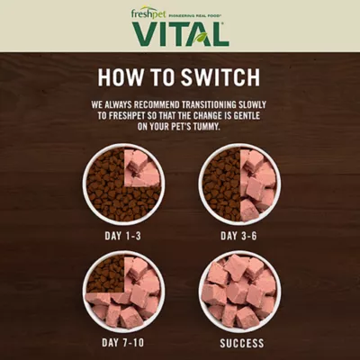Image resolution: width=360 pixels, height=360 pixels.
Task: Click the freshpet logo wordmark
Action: point(148,14)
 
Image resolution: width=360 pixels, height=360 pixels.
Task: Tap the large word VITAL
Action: point(180,34)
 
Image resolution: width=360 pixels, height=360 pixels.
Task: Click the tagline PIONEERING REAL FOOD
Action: point(195,15)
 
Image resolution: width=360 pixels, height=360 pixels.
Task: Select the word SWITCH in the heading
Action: point(220,77)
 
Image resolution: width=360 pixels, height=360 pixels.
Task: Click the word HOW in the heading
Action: point(121,77)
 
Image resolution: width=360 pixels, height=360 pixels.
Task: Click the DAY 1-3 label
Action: point(122,236)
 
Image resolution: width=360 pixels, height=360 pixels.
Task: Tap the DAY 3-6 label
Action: point(238,236)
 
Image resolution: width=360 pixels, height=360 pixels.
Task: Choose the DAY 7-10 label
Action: point(122,343)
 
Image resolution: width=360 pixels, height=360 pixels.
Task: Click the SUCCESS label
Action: point(242,343)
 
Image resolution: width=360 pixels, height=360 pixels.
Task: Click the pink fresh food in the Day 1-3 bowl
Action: point(142,168)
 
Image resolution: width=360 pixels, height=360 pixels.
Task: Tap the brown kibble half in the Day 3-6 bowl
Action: point(222,184)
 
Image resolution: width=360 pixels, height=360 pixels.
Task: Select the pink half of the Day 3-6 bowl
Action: point(258,185)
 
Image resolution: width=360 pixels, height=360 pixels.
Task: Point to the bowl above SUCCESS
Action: point(239,292)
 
